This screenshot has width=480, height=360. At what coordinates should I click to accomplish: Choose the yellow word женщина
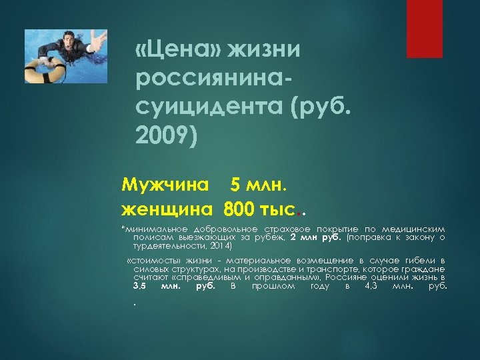[166, 209]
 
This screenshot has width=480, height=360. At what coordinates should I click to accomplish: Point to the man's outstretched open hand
[97, 41]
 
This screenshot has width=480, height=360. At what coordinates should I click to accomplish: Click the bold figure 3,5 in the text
[139, 286]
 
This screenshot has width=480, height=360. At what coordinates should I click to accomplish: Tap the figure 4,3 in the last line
[375, 286]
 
